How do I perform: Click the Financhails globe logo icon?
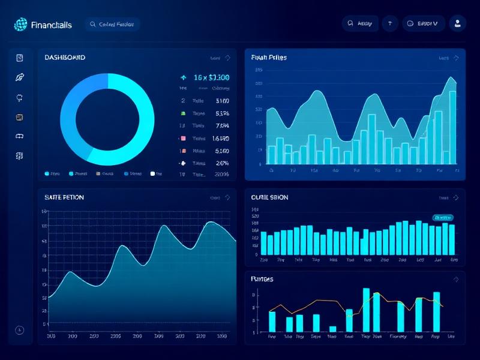(x=20, y=24)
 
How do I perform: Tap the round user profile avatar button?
(x=457, y=23)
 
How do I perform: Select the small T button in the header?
(x=390, y=24)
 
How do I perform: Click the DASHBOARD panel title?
(x=65, y=58)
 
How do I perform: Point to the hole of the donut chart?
(x=108, y=119)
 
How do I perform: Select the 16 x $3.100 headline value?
(x=211, y=77)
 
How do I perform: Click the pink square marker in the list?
(x=182, y=138)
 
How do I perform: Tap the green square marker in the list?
(x=182, y=113)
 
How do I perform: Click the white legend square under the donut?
(x=152, y=173)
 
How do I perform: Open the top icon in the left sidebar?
(x=20, y=58)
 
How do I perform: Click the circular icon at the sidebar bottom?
(x=20, y=330)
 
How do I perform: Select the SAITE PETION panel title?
(x=64, y=197)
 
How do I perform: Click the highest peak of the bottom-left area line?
(x=211, y=223)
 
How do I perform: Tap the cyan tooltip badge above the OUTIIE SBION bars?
(x=443, y=217)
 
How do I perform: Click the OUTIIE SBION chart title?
(x=269, y=197)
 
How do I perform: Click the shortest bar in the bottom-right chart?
(x=332, y=329)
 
